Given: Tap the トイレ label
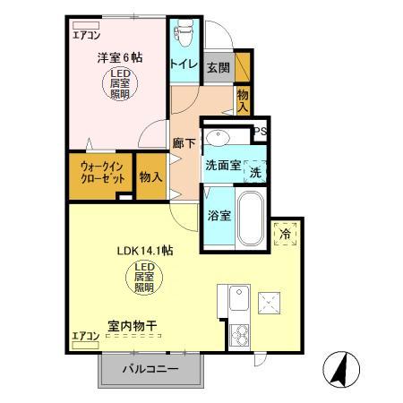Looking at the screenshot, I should [184, 64].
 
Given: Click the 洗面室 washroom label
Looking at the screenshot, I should [222, 166].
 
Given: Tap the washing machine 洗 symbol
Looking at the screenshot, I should [255, 172].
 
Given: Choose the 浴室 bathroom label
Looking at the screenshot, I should [219, 215].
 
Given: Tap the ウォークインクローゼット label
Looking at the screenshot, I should [100, 172].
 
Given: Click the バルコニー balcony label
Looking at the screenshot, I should [150, 369].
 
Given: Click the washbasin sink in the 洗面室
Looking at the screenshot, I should [218, 136].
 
